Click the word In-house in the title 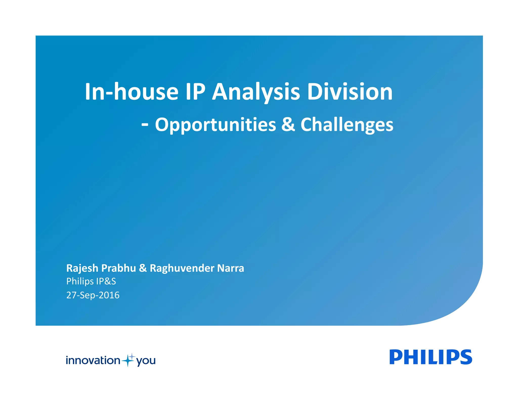point(132,92)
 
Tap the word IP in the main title point(195,92)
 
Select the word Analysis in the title point(256,92)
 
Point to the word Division point(350,92)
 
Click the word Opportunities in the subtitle point(215,125)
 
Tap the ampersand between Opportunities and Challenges point(288,124)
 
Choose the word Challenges point(347,125)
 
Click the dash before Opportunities point(145,124)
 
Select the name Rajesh point(82,268)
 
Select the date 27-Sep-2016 point(93,295)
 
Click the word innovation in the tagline point(93,360)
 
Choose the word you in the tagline point(146,361)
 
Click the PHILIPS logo point(430,357)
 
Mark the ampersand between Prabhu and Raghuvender point(143,268)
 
